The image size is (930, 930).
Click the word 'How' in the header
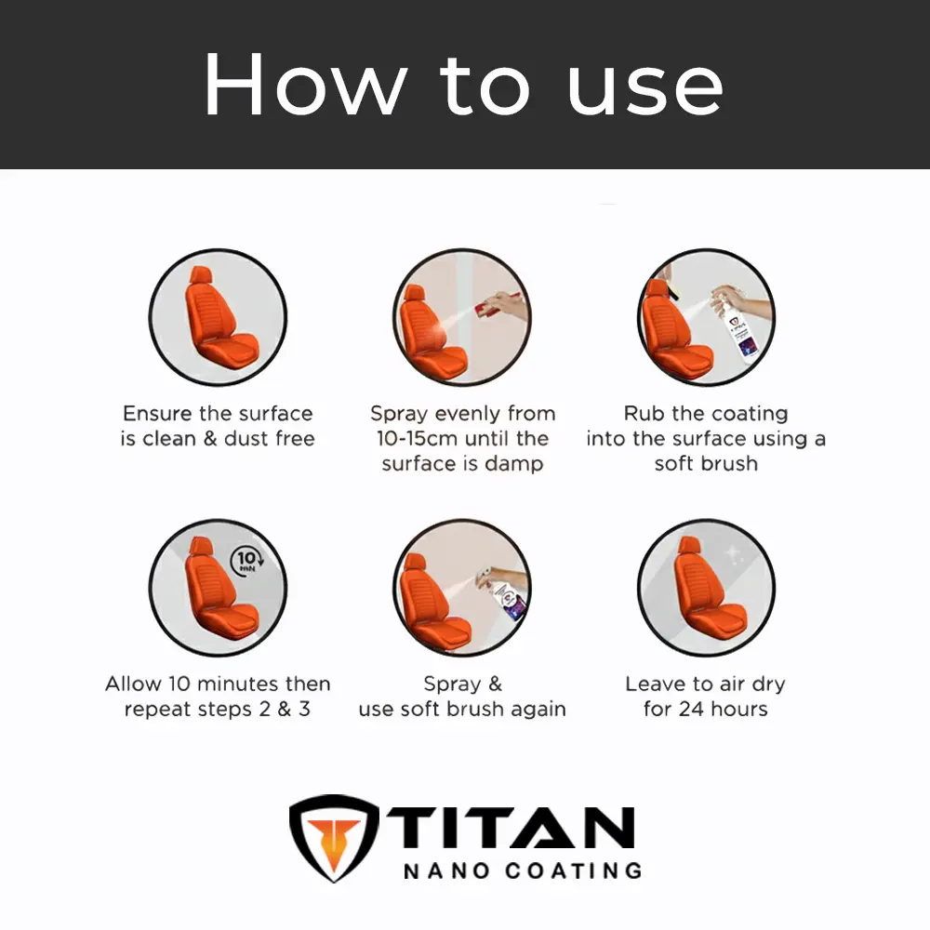click(306, 85)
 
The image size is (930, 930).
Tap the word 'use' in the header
click(646, 89)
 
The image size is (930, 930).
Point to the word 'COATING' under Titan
click(574, 870)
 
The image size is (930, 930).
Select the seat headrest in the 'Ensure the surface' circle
click(201, 275)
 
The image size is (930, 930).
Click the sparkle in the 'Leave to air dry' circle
click(733, 554)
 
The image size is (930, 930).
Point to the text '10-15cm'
click(414, 438)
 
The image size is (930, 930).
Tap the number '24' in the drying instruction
click(691, 709)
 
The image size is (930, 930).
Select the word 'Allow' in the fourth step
click(133, 684)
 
